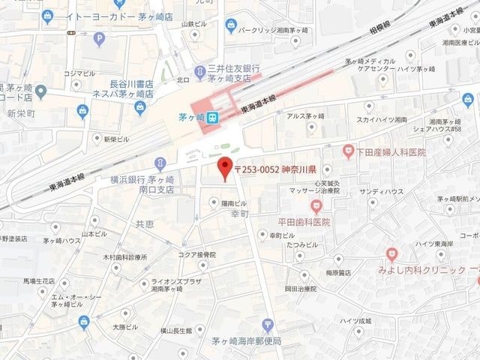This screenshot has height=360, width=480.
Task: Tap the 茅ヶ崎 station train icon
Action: [213, 117]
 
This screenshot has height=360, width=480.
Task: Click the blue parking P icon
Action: [99, 39]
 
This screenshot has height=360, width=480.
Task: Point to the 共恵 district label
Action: [145, 223]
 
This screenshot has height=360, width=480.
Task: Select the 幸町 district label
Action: [240, 214]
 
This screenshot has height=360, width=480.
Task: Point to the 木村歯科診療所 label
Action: [125, 257]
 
